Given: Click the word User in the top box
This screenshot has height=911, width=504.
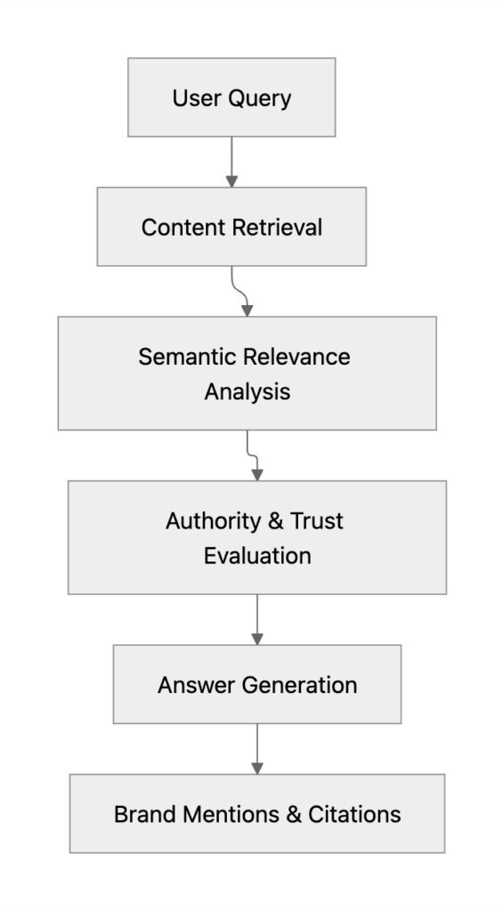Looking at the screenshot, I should (195, 98).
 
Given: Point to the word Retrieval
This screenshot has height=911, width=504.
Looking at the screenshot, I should (277, 227).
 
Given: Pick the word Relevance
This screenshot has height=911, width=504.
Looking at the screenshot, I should (297, 357).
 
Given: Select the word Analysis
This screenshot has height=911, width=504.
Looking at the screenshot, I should (248, 391).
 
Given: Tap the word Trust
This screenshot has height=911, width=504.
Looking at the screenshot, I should (315, 520).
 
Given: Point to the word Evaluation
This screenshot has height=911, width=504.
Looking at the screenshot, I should (257, 556).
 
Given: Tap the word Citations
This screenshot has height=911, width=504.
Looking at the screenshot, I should (354, 814).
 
